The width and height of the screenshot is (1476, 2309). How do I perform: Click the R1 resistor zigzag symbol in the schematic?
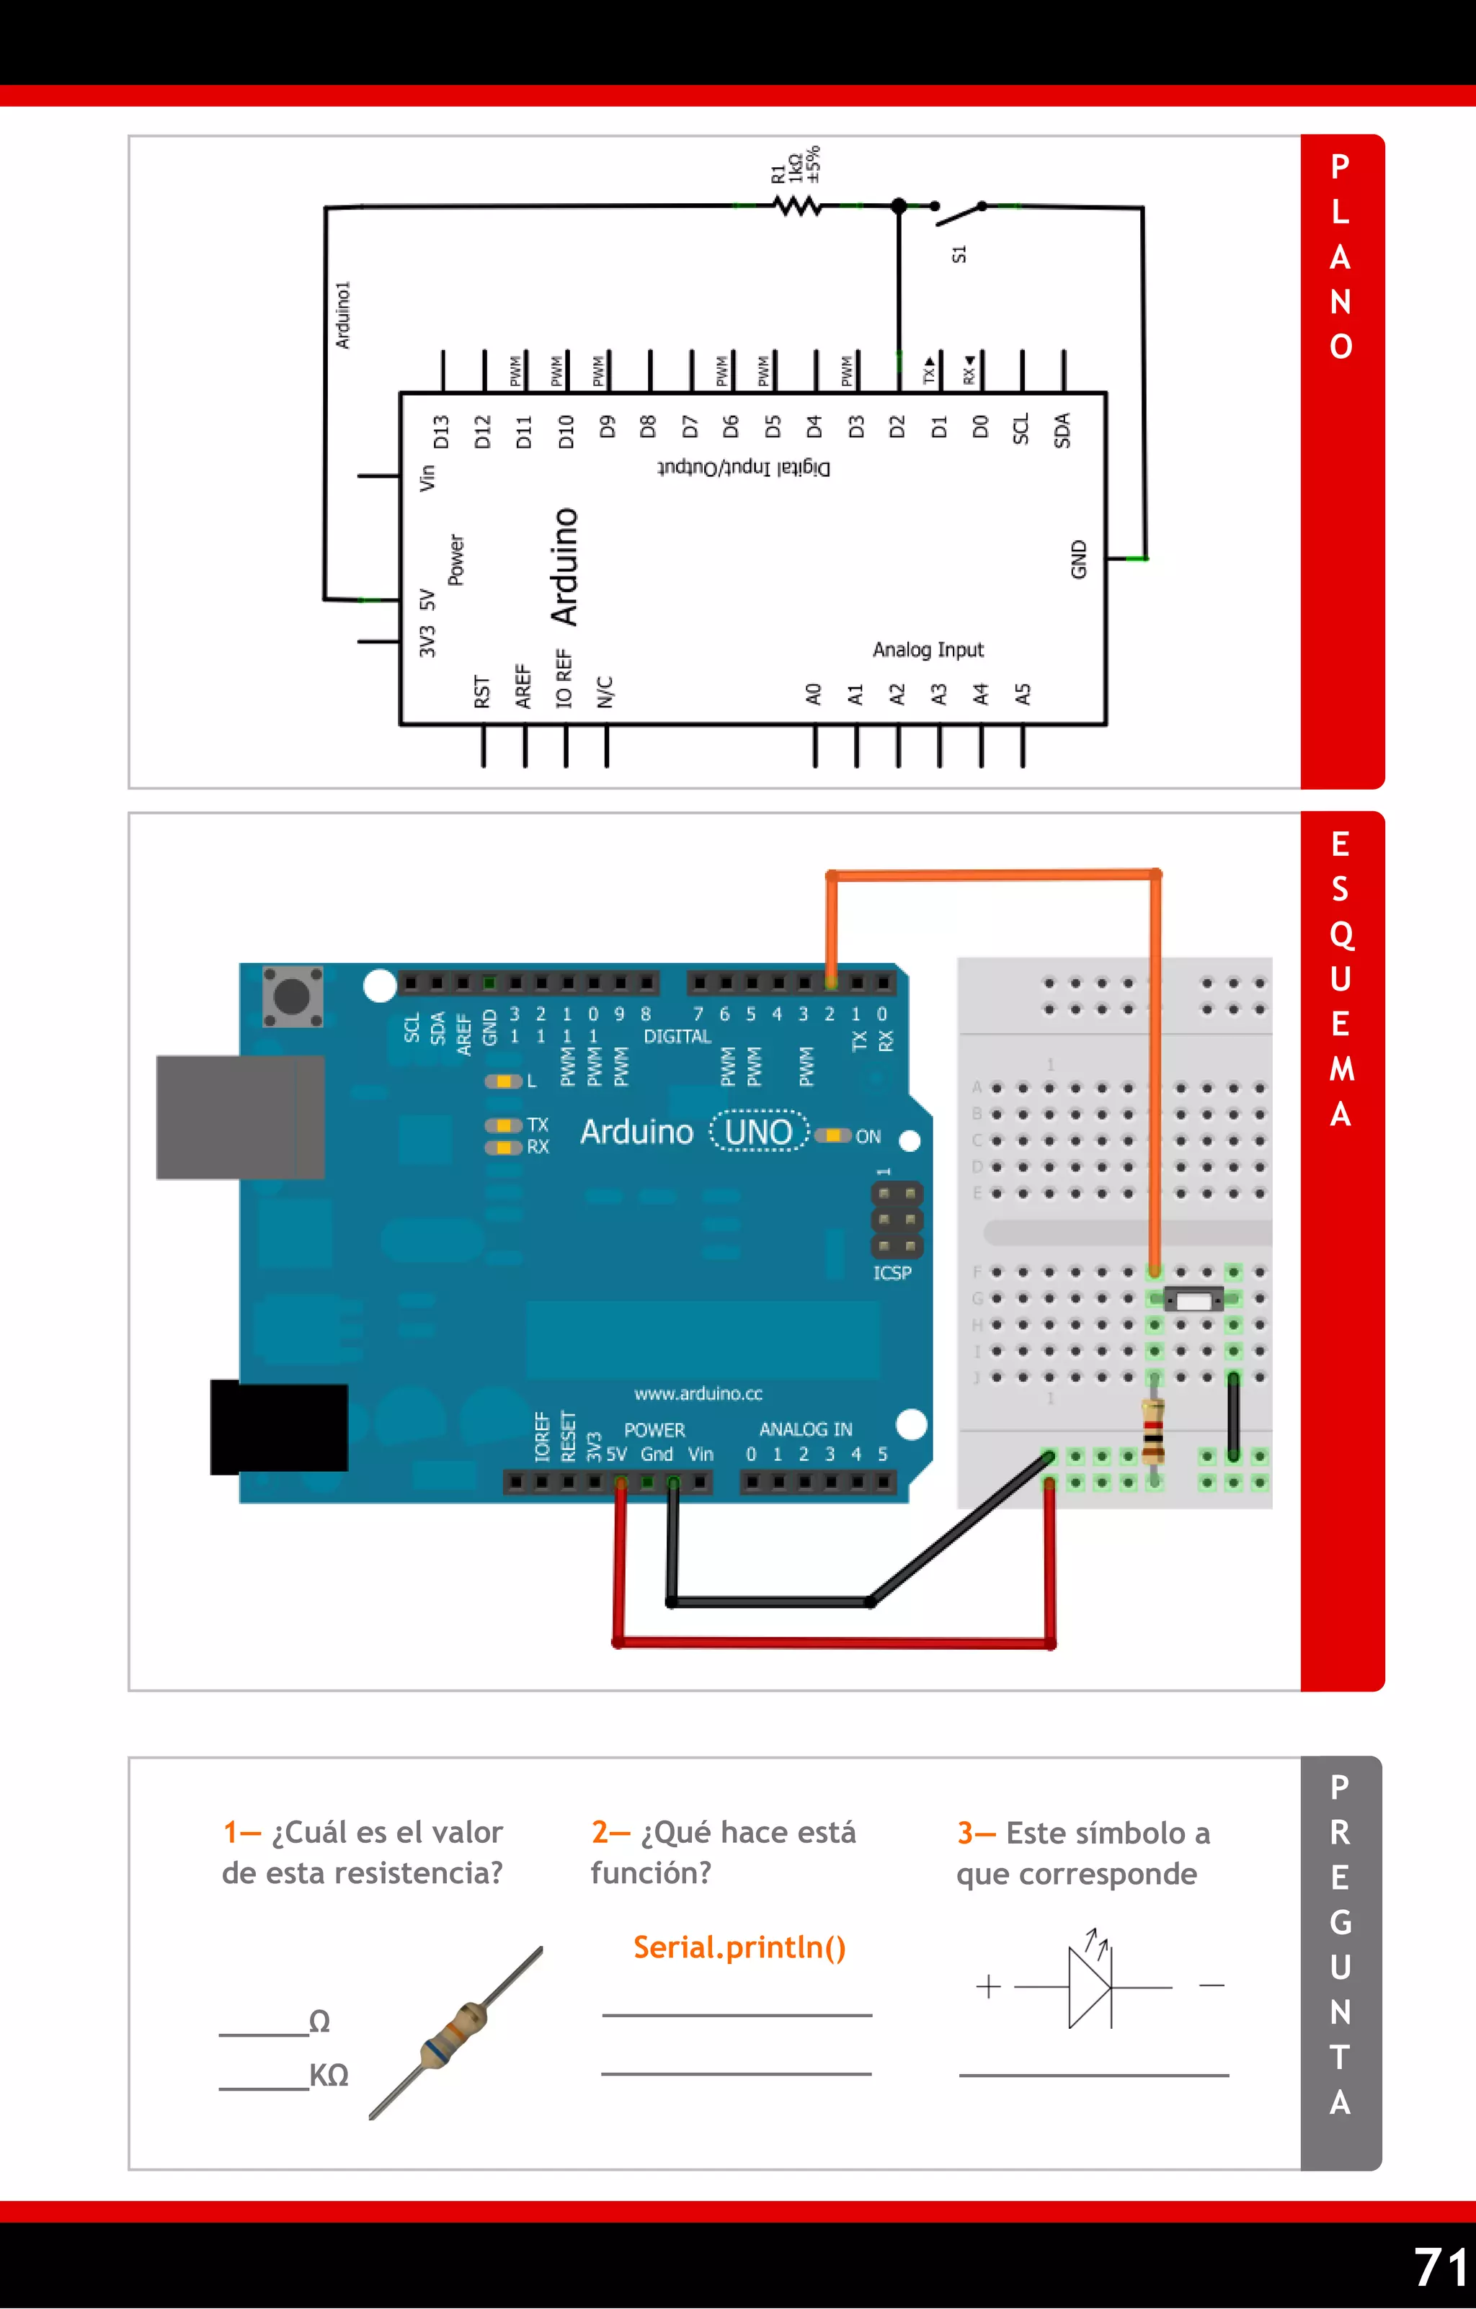797,205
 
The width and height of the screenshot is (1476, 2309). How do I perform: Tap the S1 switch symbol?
958,212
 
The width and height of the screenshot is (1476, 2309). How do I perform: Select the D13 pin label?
441,432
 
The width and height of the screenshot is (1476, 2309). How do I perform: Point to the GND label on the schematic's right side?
1079,559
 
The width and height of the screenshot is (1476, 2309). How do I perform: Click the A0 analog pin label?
813,695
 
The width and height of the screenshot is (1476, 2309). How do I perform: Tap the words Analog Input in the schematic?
928,650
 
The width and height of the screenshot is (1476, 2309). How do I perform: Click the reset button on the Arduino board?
292,996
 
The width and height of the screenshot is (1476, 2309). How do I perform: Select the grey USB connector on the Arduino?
240,1117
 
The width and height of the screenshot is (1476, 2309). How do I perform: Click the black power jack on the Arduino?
278,1426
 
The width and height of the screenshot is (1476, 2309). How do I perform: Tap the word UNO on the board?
757,1133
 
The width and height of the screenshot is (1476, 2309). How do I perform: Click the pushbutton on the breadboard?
1193,1300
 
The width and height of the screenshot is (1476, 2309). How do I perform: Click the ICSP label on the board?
892,1272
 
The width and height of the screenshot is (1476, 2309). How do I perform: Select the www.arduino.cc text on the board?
698,1393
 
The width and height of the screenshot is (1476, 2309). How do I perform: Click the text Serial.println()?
739,1947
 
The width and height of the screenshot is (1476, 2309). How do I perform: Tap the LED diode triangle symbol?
1090,1986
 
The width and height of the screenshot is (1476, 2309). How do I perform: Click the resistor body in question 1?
455,2033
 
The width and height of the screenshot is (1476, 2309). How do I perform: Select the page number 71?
1439,2268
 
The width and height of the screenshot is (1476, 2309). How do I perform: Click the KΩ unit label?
329,2075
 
